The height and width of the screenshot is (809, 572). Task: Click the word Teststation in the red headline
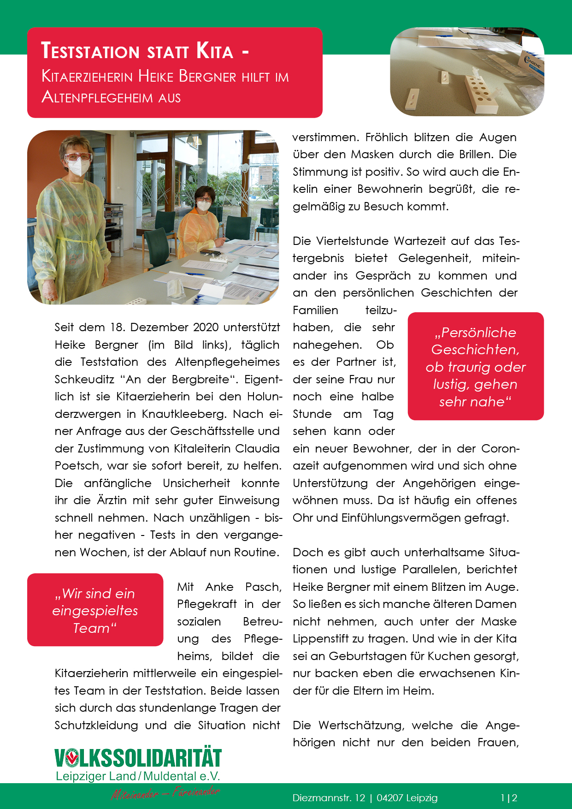(90, 51)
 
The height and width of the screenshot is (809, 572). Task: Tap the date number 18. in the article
(117, 327)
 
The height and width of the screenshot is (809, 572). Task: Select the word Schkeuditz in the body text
(84, 380)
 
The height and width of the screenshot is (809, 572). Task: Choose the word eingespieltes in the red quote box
(95, 611)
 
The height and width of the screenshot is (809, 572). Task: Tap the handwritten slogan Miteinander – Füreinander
(165, 793)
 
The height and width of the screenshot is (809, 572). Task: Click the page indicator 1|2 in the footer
(509, 798)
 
